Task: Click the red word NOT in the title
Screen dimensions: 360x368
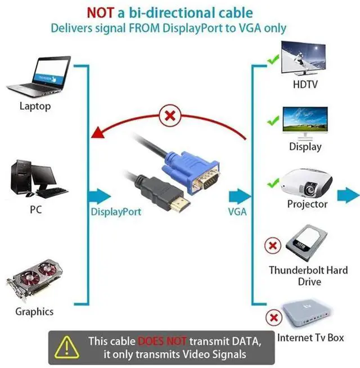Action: point(101,13)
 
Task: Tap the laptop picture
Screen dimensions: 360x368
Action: point(38,77)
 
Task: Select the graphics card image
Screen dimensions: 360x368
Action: point(35,280)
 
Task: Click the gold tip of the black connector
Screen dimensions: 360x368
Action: point(180,204)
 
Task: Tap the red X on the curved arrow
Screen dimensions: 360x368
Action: point(170,116)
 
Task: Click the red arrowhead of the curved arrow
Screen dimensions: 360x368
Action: point(98,133)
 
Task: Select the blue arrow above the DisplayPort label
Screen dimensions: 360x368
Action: point(99,196)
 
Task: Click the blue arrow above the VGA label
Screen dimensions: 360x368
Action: point(240,196)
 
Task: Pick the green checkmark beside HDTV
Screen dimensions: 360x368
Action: point(273,60)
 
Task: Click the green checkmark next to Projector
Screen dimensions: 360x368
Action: point(273,183)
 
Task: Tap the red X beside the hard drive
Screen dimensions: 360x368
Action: point(273,245)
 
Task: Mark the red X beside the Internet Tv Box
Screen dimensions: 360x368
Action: point(273,317)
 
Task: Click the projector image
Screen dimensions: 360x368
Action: point(307,183)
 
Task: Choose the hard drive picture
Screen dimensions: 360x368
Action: point(307,243)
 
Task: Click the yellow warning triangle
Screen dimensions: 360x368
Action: point(66,347)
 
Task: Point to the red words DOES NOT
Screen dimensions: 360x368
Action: point(162,341)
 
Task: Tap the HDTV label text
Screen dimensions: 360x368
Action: point(305,84)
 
